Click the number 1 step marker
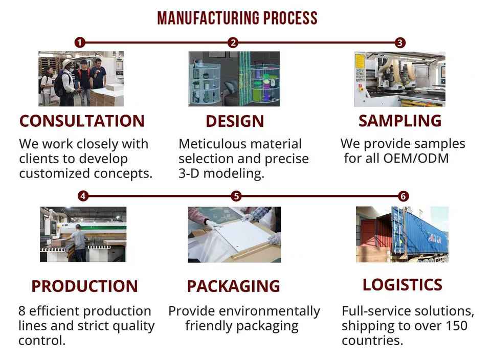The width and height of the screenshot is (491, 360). tap(79, 42)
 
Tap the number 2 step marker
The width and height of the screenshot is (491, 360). tap(233, 42)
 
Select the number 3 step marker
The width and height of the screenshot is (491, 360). tap(400, 42)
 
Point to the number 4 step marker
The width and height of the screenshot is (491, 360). tap(83, 196)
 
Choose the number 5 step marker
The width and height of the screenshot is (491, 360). tap(236, 196)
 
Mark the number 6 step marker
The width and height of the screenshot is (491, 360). tap(404, 196)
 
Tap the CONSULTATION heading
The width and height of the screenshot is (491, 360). tap(82, 121)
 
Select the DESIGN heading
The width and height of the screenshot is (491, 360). tap(235, 122)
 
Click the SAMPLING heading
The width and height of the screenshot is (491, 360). tap(399, 121)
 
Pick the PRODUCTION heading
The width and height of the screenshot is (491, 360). tap(84, 286)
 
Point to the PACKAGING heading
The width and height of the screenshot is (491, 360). tap(233, 286)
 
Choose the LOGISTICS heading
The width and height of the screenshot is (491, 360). tap(402, 285)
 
